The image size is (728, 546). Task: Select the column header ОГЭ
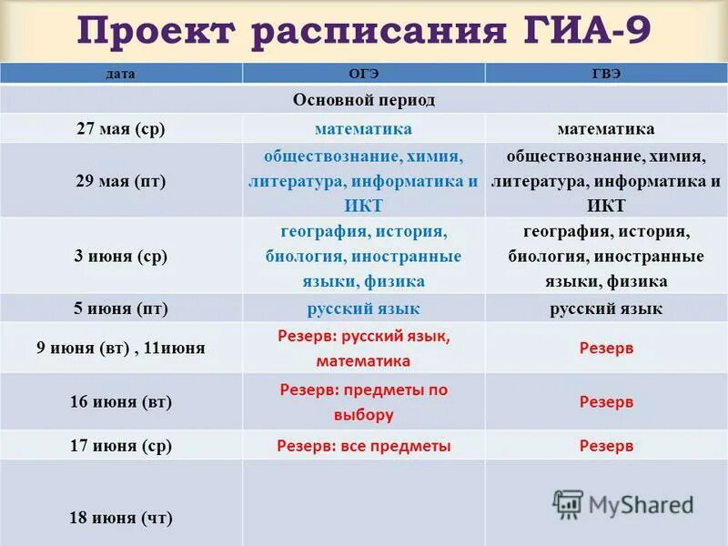click(x=363, y=74)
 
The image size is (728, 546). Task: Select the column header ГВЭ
click(x=606, y=74)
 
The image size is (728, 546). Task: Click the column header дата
click(x=120, y=74)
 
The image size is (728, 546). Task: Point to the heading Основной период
click(x=363, y=99)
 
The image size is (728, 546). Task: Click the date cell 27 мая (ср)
click(x=120, y=129)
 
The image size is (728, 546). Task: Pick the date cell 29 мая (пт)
click(x=120, y=180)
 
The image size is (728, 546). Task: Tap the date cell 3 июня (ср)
click(x=120, y=256)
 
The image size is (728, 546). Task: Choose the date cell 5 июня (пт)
click(x=120, y=308)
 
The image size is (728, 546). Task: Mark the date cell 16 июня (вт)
click(x=120, y=401)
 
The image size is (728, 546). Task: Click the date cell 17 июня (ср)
click(x=120, y=446)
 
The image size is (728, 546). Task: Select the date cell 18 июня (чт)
click(x=120, y=518)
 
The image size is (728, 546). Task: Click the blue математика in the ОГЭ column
click(x=363, y=129)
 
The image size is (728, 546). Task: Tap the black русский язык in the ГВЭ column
click(x=606, y=308)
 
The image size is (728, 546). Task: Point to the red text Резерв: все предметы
click(x=363, y=446)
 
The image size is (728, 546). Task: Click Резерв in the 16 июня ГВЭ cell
click(x=606, y=401)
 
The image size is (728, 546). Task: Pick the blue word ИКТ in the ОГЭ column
click(x=363, y=205)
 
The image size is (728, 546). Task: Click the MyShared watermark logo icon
click(x=568, y=504)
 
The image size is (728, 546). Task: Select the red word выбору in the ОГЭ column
click(x=363, y=415)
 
